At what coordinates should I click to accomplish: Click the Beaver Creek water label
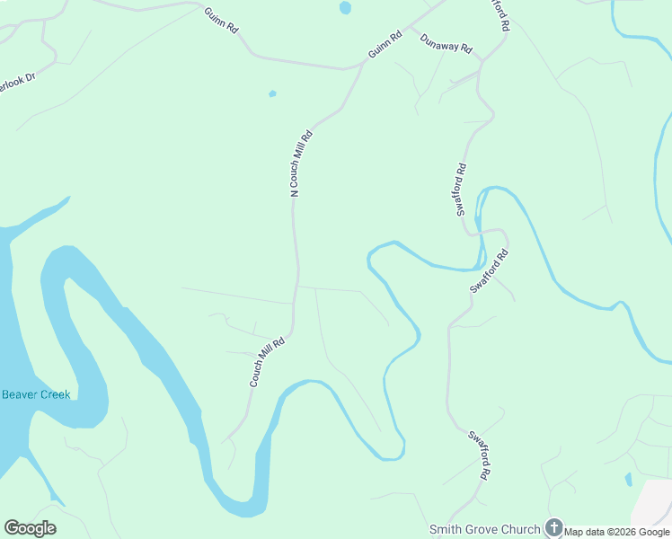[x=36, y=394]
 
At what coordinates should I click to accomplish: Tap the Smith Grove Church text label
[x=485, y=529]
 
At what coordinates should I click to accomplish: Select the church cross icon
[x=554, y=528]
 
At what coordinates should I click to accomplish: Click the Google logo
[x=31, y=527]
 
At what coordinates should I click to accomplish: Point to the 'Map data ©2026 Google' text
[x=616, y=532]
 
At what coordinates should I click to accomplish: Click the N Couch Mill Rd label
[x=301, y=163]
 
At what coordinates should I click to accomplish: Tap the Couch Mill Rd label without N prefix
[x=267, y=361]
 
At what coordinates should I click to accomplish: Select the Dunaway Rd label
[x=447, y=42]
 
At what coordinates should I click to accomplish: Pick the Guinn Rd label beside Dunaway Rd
[x=385, y=47]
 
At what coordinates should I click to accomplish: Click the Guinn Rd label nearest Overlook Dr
[x=220, y=21]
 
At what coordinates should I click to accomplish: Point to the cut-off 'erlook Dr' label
[x=15, y=87]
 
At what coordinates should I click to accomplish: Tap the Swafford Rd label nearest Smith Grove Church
[x=480, y=454]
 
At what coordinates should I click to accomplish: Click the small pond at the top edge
[x=345, y=8]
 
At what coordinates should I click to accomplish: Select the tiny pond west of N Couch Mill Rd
[x=272, y=93]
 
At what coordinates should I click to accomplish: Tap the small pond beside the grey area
[x=628, y=479]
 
